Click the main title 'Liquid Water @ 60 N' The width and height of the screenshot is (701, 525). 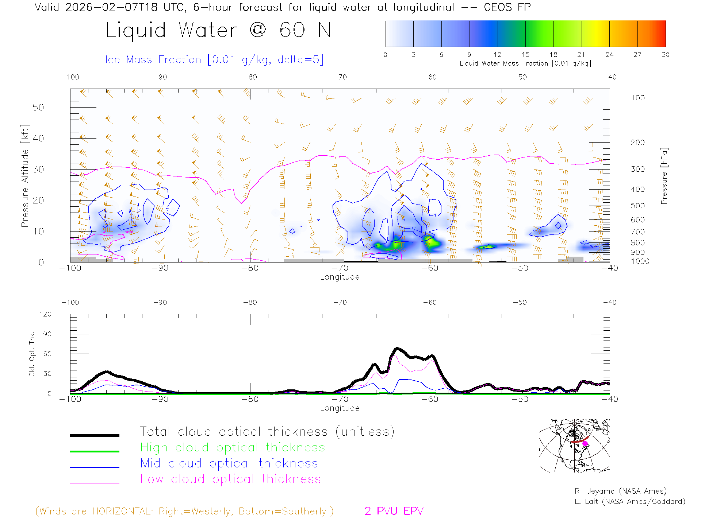(x=218, y=30)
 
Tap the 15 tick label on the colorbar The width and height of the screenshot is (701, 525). (x=525, y=55)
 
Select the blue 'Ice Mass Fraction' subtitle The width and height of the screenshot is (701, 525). (x=214, y=59)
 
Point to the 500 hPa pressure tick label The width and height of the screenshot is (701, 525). (x=637, y=206)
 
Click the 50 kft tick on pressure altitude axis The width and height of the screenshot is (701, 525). (x=38, y=107)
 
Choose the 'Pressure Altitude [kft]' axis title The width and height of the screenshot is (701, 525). (x=25, y=176)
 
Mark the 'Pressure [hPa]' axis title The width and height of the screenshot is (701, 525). (x=664, y=176)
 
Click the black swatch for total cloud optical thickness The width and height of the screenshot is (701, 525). (x=95, y=435)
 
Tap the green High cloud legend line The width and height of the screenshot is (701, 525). (x=95, y=451)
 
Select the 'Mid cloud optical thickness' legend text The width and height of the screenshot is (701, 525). (x=229, y=463)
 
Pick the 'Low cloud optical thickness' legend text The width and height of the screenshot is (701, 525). (x=230, y=479)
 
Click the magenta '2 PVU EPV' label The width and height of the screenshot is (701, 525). (x=394, y=511)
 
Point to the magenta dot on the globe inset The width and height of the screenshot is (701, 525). (x=585, y=444)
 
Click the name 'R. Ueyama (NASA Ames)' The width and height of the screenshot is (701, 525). (x=620, y=491)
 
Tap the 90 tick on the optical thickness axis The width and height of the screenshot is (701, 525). (x=47, y=334)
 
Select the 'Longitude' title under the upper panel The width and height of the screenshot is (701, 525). (x=340, y=277)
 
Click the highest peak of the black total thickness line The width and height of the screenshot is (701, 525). (x=397, y=349)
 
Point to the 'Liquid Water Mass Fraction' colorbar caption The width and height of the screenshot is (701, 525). (x=525, y=63)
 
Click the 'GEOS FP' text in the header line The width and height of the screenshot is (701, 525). (x=507, y=7)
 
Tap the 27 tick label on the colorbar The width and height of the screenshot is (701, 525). (x=637, y=55)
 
